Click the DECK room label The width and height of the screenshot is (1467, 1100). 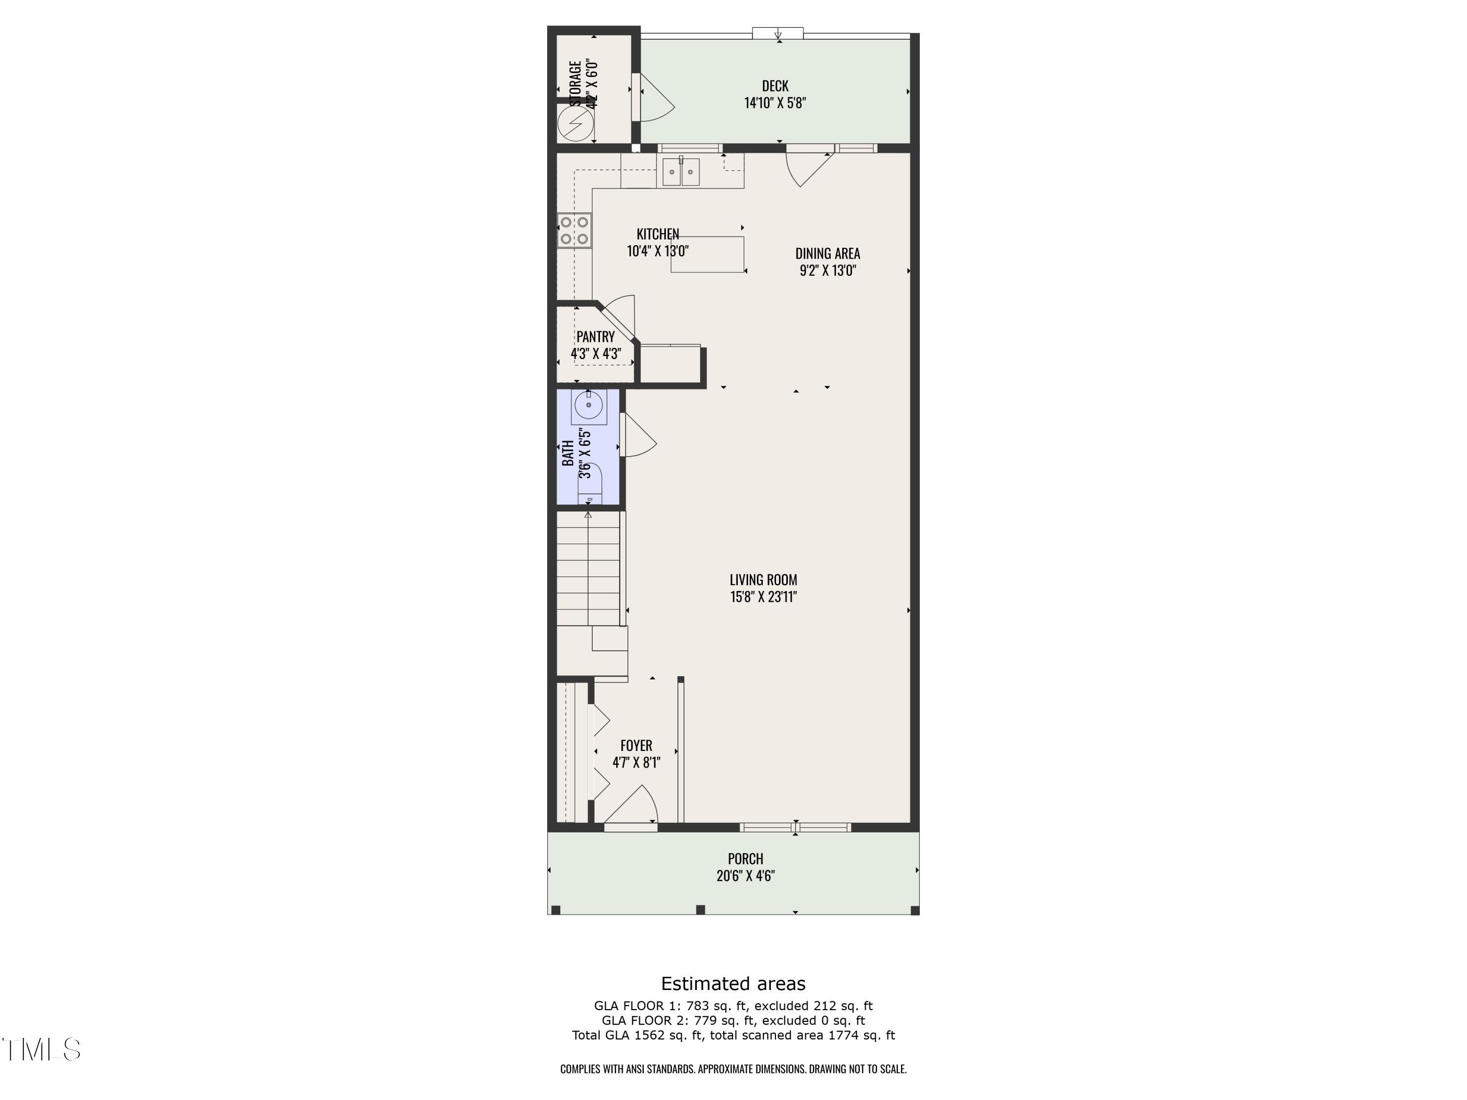coord(775,86)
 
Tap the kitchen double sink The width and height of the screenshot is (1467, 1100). coord(681,173)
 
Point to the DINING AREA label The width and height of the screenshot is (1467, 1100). coord(827,253)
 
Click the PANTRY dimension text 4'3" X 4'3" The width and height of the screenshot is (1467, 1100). coord(596,353)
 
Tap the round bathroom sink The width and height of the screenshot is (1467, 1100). coord(588,405)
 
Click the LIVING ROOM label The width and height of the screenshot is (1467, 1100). coord(763,579)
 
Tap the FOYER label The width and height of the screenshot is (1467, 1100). coord(636,745)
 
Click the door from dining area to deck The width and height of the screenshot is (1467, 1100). coord(807,167)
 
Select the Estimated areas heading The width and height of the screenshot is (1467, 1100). coord(733,983)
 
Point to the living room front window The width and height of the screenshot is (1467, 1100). coord(795,827)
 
